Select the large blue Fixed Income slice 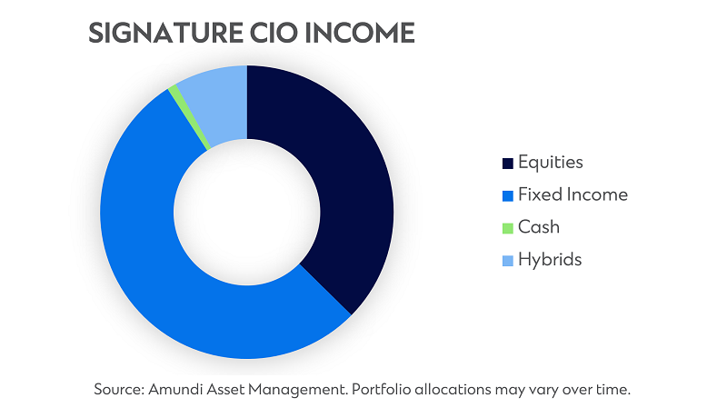pyautogui.click(x=164, y=273)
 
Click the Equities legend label pyautogui.click(x=550, y=163)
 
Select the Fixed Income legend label pyautogui.click(x=573, y=194)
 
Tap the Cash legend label pyautogui.click(x=539, y=227)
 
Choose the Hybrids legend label pyautogui.click(x=550, y=260)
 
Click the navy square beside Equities pyautogui.click(x=508, y=164)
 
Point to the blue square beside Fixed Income pyautogui.click(x=508, y=195)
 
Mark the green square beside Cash pyautogui.click(x=508, y=228)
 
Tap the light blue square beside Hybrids pyautogui.click(x=508, y=261)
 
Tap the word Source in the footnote pyautogui.click(x=117, y=389)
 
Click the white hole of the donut pyautogui.click(x=247, y=212)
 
